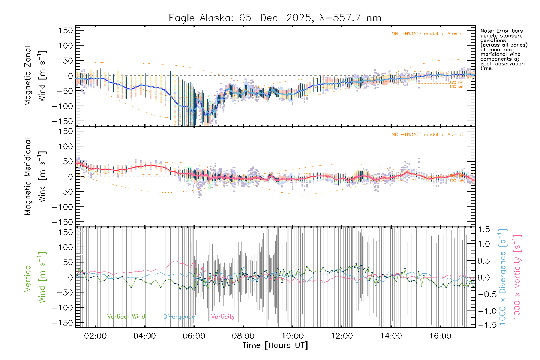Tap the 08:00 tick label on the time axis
243,336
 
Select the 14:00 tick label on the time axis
391,336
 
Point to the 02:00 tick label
95,336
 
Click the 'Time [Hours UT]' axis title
275,346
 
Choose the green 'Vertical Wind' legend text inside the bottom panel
126,317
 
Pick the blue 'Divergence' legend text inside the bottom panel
179,317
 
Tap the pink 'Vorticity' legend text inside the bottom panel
223,317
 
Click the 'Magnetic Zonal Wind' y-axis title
35,76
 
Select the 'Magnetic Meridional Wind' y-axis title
35,176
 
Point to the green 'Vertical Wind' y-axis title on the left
35,277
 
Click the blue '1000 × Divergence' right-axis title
503,277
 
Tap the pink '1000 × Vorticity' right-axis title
517,277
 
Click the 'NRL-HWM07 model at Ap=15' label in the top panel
427,34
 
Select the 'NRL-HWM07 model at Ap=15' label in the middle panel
427,135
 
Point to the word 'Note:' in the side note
487,31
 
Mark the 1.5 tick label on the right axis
484,229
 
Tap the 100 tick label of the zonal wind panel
66,46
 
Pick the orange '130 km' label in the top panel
456,87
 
